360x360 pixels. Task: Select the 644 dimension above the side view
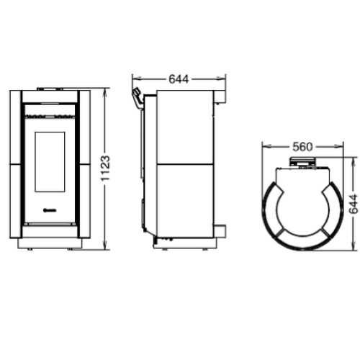(179, 80)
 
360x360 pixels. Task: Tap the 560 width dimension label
(303, 147)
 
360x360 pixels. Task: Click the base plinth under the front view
(50, 243)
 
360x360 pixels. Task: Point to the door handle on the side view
(135, 98)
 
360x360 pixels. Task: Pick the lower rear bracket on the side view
(221, 230)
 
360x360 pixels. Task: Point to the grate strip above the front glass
(50, 114)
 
